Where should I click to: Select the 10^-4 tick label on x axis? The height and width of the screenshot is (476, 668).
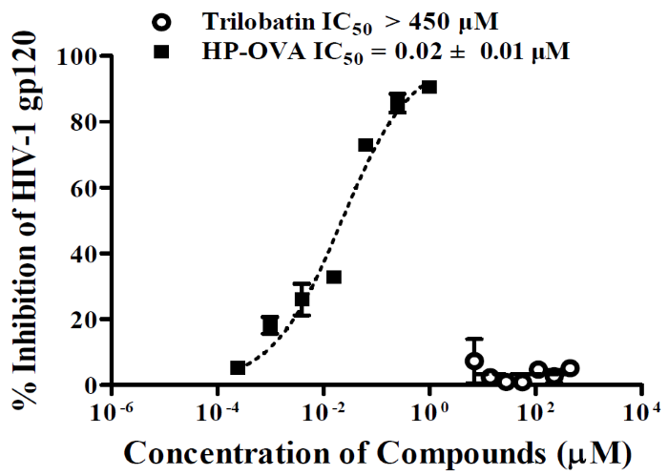[x=219, y=413]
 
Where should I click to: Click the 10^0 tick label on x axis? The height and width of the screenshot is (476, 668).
[x=431, y=413]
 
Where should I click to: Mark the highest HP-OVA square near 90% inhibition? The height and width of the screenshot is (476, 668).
[x=429, y=87]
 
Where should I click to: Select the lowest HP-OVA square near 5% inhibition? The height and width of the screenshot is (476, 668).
[x=238, y=368]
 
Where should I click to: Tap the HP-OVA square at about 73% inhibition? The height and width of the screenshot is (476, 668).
[x=365, y=145]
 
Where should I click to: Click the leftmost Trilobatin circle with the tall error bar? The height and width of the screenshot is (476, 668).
[x=473, y=361]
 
